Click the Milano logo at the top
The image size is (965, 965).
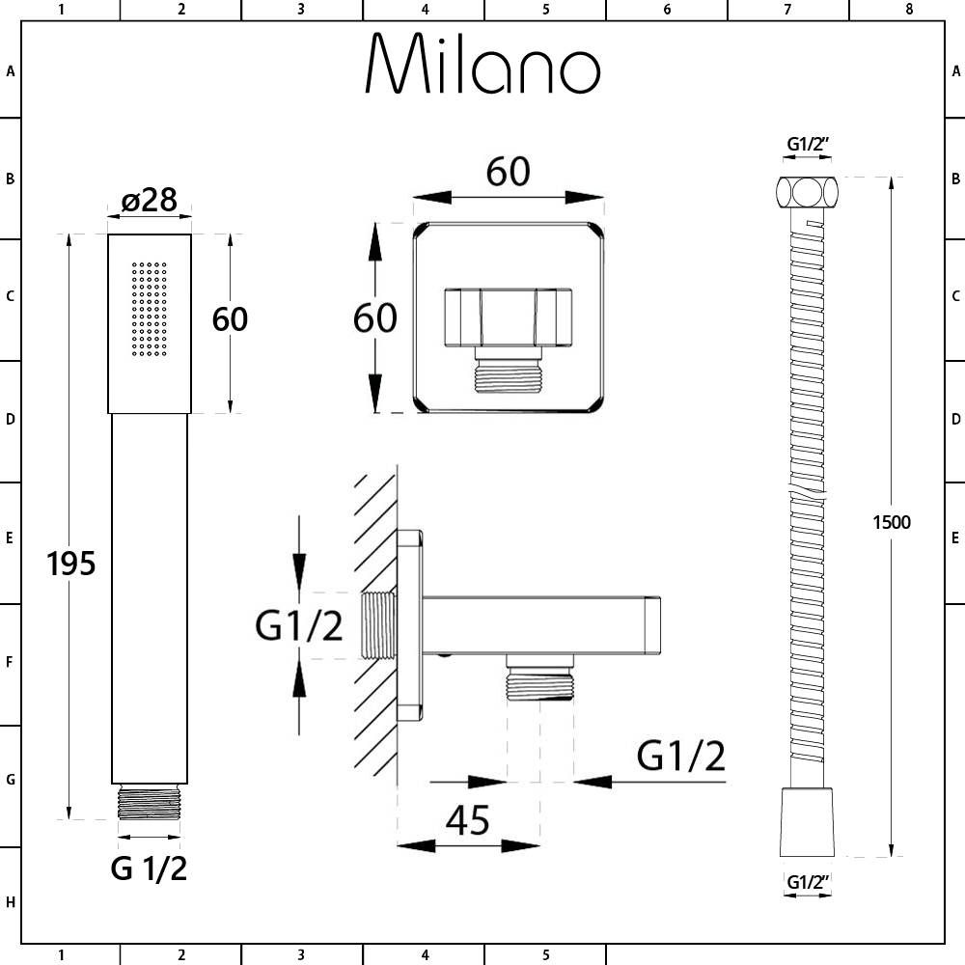click(x=482, y=66)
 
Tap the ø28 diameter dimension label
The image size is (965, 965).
click(x=150, y=200)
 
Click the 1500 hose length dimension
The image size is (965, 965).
click(x=890, y=522)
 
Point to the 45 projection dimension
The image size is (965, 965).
click(x=467, y=820)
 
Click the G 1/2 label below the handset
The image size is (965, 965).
click(x=149, y=868)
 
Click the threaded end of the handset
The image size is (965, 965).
click(x=149, y=804)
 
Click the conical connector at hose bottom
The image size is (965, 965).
click(x=807, y=821)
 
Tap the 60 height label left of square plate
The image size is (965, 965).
click(x=374, y=317)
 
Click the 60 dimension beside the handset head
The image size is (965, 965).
click(x=230, y=318)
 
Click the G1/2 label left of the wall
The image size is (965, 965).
click(x=298, y=627)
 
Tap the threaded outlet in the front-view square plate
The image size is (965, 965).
click(x=508, y=371)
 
